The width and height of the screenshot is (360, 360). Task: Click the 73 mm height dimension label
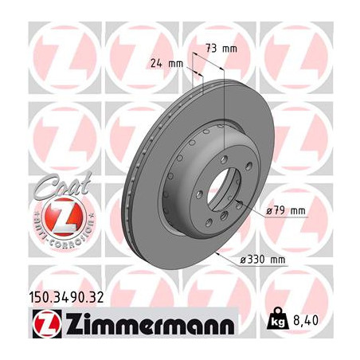(x=221, y=49)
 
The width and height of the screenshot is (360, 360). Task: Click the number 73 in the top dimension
(x=212, y=49)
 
